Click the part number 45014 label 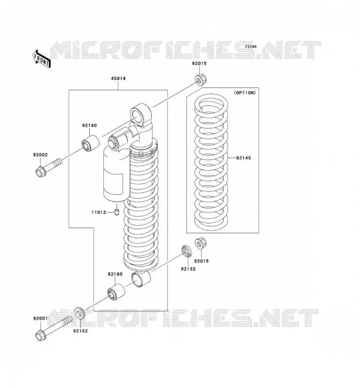[x=118, y=79]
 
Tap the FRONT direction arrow [x=41, y=59]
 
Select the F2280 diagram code [x=251, y=47]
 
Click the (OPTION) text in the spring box [x=245, y=93]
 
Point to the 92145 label [x=243, y=158]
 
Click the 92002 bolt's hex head [x=41, y=172]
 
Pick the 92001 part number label [x=40, y=319]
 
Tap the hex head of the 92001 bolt [x=40, y=335]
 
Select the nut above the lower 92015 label [x=200, y=244]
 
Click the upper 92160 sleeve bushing [x=91, y=143]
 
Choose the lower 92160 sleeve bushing [x=116, y=292]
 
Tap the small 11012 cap [x=117, y=212]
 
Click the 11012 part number [x=98, y=212]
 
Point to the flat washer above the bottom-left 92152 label [x=80, y=313]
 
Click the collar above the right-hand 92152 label [x=187, y=251]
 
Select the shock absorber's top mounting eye [x=140, y=115]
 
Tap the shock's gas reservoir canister [x=116, y=173]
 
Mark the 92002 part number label [x=40, y=155]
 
